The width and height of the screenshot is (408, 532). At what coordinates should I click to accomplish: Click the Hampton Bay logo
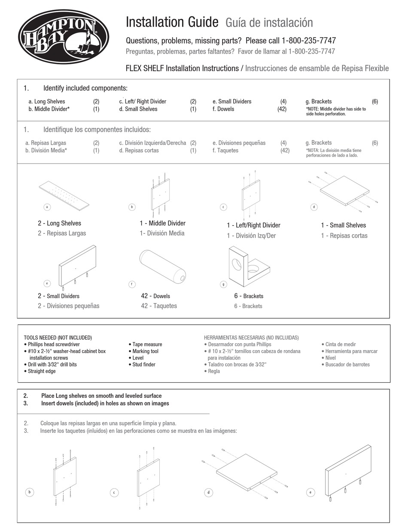(63, 36)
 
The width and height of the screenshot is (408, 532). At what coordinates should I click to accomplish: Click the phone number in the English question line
(309, 41)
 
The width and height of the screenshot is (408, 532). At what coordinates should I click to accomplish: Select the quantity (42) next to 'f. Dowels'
(282, 109)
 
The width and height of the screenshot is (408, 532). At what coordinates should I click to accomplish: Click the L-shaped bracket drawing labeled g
(248, 266)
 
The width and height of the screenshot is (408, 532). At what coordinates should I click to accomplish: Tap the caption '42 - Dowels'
(155, 296)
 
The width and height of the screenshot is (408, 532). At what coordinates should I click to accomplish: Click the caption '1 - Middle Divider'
(162, 223)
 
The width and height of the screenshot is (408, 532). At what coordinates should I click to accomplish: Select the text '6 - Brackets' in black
(249, 296)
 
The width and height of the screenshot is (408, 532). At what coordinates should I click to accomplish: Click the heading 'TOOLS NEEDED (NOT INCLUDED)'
(58, 338)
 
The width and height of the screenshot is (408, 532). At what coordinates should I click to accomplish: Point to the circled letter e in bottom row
(310, 493)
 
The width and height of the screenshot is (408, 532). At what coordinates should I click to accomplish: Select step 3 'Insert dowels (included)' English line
(105, 403)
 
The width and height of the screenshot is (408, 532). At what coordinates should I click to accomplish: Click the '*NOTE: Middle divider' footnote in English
(336, 112)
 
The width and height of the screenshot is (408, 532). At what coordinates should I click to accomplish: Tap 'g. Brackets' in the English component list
(318, 102)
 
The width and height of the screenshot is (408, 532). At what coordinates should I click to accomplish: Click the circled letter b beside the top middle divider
(132, 207)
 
